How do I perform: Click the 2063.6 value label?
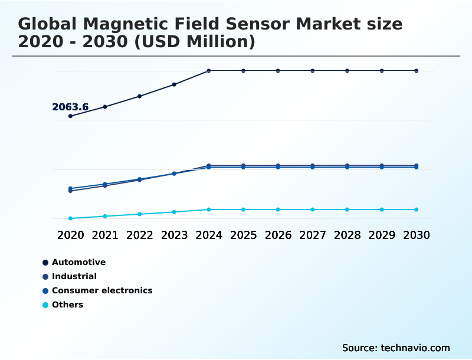pyautogui.click(x=70, y=107)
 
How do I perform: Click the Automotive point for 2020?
pyautogui.click(x=70, y=116)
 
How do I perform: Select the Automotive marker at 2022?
pyautogui.click(x=140, y=96)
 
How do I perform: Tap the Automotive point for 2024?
pyautogui.click(x=209, y=71)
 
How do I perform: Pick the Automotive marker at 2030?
pyautogui.click(x=417, y=71)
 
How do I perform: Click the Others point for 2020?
pyautogui.click(x=70, y=218)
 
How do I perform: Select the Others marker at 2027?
pyautogui.click(x=313, y=210)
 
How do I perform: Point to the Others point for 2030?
pyautogui.click(x=417, y=210)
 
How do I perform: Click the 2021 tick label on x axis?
pyautogui.click(x=105, y=235)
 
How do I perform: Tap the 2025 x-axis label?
pyautogui.click(x=244, y=235)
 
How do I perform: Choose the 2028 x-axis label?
pyautogui.click(x=348, y=235)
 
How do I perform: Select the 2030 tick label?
pyautogui.click(x=417, y=235)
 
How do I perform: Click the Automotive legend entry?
pyautogui.click(x=78, y=262)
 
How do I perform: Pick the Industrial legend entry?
pyautogui.click(x=74, y=276)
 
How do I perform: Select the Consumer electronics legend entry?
pyautogui.click(x=101, y=290)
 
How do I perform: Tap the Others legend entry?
pyautogui.click(x=67, y=305)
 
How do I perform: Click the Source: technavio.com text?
pyautogui.click(x=396, y=348)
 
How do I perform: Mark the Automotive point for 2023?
pyautogui.click(x=174, y=84)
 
